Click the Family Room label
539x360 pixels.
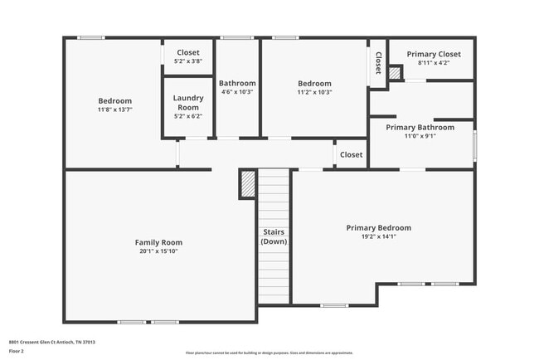pos(158,242)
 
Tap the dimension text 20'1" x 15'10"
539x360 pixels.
pos(158,251)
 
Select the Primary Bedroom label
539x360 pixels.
pos(378,227)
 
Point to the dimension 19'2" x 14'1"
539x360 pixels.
pos(378,236)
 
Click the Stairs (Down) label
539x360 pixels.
pos(274,236)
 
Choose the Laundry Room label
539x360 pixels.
pos(187,103)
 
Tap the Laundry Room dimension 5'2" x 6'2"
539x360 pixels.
pos(187,117)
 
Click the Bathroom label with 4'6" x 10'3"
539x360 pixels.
pos(237,83)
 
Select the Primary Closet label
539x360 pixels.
pos(434,54)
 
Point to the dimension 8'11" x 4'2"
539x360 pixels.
pos(434,62)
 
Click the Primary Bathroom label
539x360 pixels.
pos(420,127)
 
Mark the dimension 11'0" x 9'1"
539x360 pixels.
pos(420,136)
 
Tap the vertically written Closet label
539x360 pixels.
pos(378,63)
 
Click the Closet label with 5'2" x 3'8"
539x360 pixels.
pos(187,52)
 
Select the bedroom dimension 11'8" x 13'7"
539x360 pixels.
pos(114,109)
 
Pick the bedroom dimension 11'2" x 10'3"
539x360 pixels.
pos(314,92)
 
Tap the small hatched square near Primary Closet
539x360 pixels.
pos(395,73)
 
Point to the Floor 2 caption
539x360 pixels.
pos(17,351)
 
